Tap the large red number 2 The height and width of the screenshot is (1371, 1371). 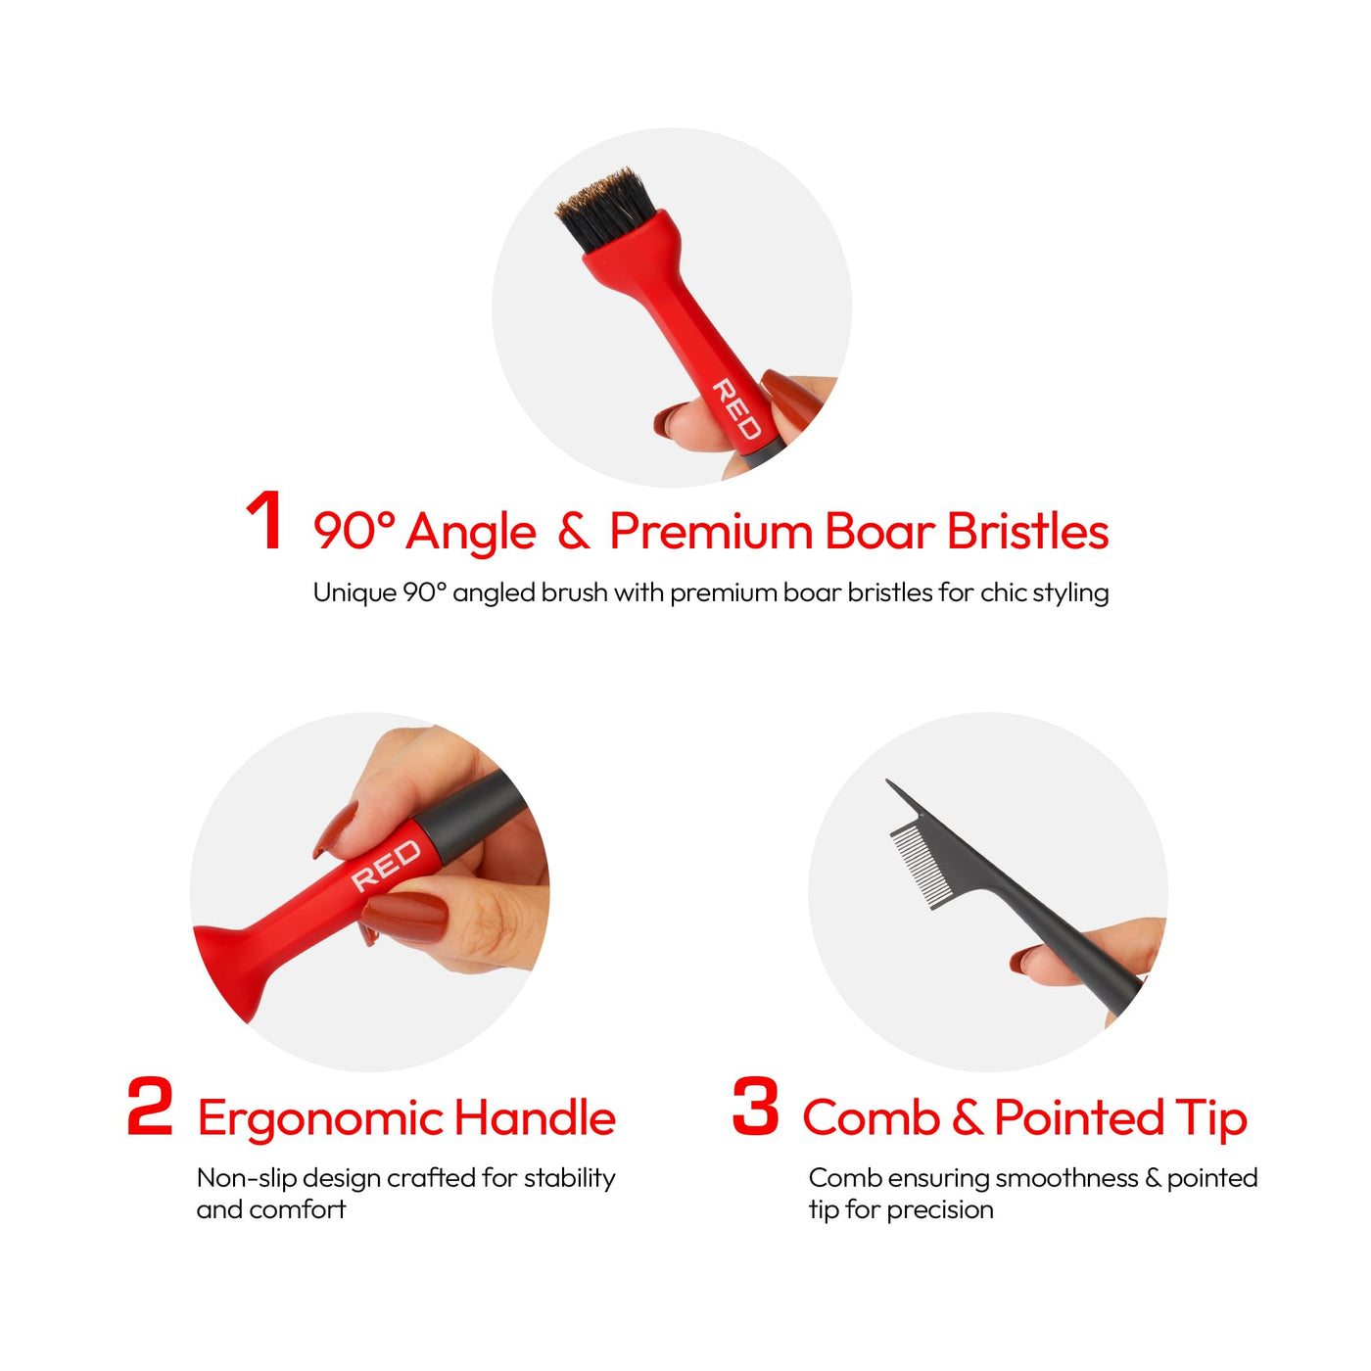pos(150,1105)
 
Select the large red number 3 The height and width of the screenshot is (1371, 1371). pos(756,1105)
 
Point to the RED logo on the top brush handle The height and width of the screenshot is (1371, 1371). pos(737,408)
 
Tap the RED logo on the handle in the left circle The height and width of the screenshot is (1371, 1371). pos(386,865)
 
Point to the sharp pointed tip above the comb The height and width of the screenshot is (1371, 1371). pos(888,781)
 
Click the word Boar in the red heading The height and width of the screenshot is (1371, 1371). pos(880,532)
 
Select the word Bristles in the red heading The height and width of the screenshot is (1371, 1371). pos(1027,532)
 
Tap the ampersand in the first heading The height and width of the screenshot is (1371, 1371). pos(574,532)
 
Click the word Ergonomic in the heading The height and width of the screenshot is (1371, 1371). pos(321,1121)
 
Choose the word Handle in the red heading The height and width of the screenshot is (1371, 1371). pos(535,1117)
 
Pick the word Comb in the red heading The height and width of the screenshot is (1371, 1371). pos(872,1117)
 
